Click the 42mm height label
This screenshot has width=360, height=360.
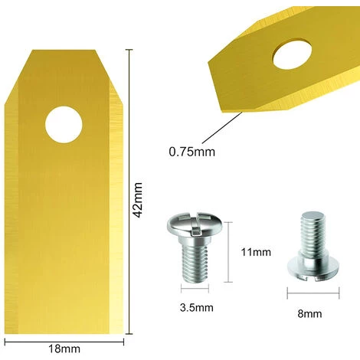[138, 200]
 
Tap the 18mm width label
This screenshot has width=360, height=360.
[64, 349]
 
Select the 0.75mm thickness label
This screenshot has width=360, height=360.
[192, 152]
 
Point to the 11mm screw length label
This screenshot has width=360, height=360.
[256, 252]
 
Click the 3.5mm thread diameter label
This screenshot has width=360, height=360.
[197, 308]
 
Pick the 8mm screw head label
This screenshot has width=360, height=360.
[309, 313]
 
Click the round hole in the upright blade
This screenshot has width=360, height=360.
[64, 125]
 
